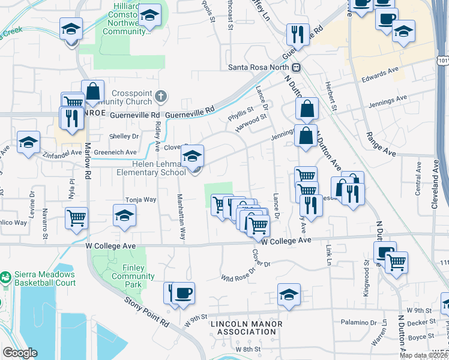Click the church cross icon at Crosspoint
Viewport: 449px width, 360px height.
pyautogui.click(x=160, y=96)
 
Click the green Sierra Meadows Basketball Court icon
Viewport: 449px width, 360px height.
pyautogui.click(x=5, y=278)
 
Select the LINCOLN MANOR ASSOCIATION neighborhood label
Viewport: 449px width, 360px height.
pyautogui.click(x=246, y=328)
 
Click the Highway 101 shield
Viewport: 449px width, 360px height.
pyautogui.click(x=443, y=61)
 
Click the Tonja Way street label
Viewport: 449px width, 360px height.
pyautogui.click(x=140, y=199)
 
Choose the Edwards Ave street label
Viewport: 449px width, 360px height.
pyautogui.click(x=379, y=74)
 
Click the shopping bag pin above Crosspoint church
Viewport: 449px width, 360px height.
pyautogui.click(x=93, y=93)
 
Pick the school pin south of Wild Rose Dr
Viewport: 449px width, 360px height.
pyautogui.click(x=289, y=295)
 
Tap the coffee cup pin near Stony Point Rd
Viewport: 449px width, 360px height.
pyautogui.click(x=184, y=293)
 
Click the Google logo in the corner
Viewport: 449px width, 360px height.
pyautogui.click(x=20, y=353)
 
